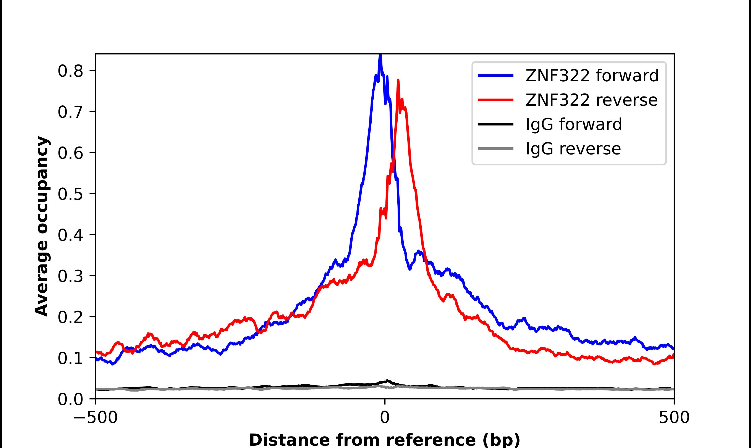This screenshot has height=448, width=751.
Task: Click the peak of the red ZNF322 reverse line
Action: pyautogui.click(x=398, y=81)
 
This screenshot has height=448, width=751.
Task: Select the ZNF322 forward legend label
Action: pyautogui.click(x=592, y=76)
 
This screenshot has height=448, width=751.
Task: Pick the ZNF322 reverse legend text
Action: pyautogui.click(x=591, y=100)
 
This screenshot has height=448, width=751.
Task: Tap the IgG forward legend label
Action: pyautogui.click(x=574, y=124)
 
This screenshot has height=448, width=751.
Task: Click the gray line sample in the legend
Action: pyautogui.click(x=495, y=148)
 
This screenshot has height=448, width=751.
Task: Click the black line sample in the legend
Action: pyautogui.click(x=495, y=124)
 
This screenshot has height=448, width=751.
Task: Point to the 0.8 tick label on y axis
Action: pyautogui.click(x=70, y=71)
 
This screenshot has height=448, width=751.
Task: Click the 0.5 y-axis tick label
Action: pyautogui.click(x=70, y=194)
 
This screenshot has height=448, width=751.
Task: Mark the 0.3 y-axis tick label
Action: pyautogui.click(x=70, y=276)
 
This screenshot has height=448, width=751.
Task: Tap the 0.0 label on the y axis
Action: pyautogui.click(x=70, y=399)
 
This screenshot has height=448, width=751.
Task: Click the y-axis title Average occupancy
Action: pyautogui.click(x=42, y=226)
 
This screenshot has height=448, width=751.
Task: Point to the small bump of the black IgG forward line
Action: pyautogui.click(x=387, y=381)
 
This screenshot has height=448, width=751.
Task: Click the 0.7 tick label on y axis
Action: pyautogui.click(x=70, y=112)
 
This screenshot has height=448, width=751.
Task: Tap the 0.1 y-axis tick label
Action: pyautogui.click(x=70, y=358)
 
